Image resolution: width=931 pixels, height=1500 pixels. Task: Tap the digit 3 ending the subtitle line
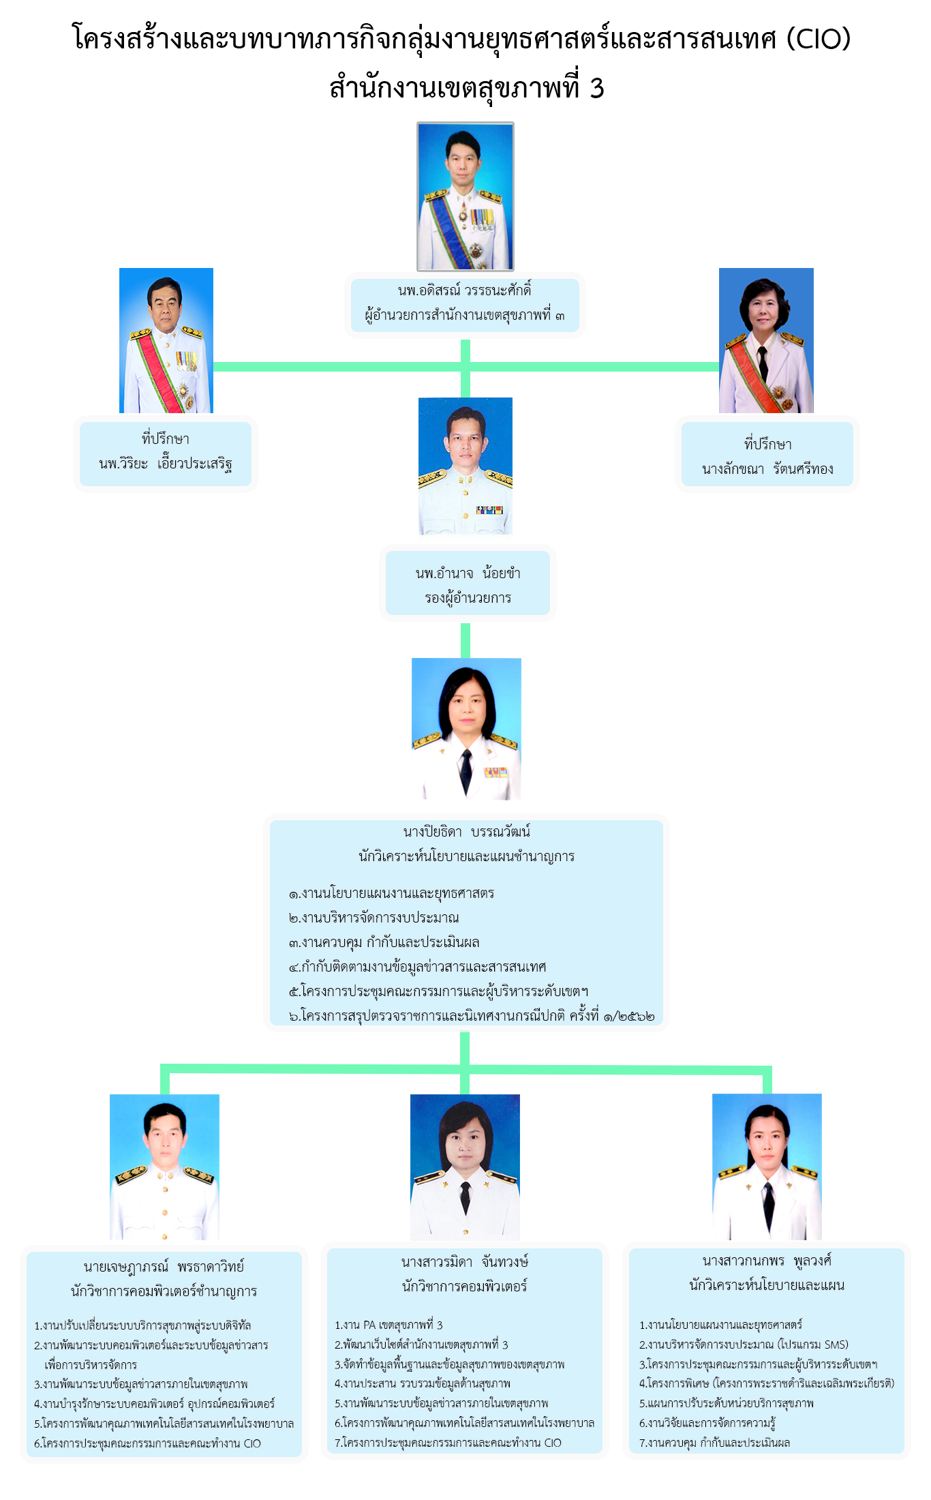[596, 89]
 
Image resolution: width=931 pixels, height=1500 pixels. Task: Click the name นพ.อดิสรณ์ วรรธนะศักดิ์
[465, 290]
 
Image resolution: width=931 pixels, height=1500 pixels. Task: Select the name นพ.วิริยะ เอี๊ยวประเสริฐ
[166, 464]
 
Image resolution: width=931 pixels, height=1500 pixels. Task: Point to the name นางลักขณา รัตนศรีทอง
[767, 469]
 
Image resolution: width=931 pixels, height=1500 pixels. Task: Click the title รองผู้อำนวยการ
[468, 598]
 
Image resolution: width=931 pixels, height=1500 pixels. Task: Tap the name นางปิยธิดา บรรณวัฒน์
[467, 832]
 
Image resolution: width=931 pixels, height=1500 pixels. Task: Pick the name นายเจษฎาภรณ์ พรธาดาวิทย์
[164, 1267]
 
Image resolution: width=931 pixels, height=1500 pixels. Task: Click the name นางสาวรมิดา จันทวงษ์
[465, 1262]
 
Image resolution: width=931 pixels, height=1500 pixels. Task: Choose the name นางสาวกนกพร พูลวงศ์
[767, 1261]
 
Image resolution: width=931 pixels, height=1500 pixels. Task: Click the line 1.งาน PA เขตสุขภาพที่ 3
[388, 1325]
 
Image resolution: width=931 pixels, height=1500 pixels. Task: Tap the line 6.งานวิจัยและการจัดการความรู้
[707, 1423]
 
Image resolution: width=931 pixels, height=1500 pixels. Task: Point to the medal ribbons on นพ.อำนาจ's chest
[489, 509]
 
